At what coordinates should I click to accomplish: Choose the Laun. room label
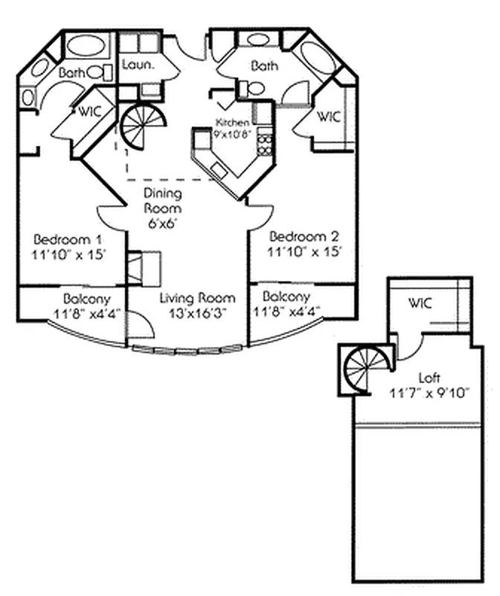pos(138,64)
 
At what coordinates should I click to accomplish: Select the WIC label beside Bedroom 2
pos(328,117)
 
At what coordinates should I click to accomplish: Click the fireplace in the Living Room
pos(143,267)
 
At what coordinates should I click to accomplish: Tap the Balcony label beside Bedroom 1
pos(87,298)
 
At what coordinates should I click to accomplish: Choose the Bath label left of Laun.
pos(73,72)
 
